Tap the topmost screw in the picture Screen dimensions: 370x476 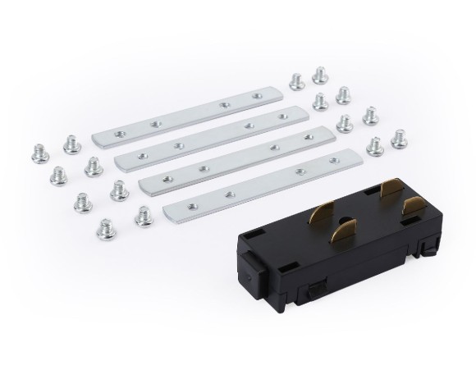click(320, 75)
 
